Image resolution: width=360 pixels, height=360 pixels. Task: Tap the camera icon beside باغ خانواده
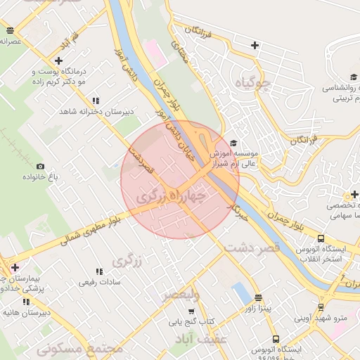(40, 167)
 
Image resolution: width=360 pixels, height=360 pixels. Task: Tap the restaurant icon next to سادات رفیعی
(98, 271)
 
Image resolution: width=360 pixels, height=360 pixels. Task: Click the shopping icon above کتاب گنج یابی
(191, 311)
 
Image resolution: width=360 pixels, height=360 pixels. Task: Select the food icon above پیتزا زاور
(258, 297)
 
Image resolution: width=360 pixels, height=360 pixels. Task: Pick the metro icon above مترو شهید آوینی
(321, 307)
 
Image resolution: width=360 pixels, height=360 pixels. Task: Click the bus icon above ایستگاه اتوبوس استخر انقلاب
(321, 238)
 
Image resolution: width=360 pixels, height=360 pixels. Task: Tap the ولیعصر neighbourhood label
(181, 295)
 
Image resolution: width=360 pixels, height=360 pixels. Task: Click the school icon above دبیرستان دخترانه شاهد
(96, 101)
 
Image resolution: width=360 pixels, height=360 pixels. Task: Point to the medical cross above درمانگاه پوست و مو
(58, 60)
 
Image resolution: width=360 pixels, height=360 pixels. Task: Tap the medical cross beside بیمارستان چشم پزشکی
(15, 267)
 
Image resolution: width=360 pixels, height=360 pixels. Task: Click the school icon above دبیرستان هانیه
(26, 302)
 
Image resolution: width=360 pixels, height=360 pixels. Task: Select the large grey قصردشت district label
(252, 247)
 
